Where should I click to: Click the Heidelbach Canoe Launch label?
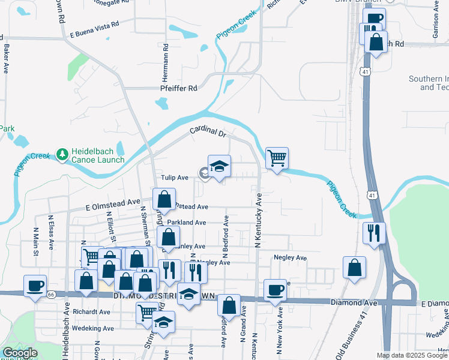(x=98, y=155)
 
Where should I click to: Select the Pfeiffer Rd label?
(x=178, y=88)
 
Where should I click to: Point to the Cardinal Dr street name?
(x=207, y=131)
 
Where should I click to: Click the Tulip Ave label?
(x=175, y=178)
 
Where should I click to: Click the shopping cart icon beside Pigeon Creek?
(x=277, y=158)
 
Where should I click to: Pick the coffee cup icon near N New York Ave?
(x=276, y=290)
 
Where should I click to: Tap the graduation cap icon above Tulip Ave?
(x=219, y=166)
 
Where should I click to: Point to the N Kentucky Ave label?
(x=259, y=221)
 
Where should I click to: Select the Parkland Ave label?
(x=187, y=223)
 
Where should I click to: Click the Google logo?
(x=20, y=353)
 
